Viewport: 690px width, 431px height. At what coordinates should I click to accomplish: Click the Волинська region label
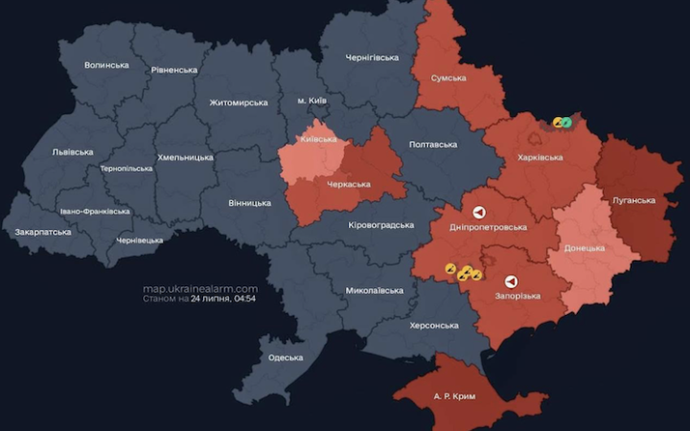point(106,65)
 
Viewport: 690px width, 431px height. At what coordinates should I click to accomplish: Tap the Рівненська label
point(174,70)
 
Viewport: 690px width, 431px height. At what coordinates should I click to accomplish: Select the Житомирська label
point(239,102)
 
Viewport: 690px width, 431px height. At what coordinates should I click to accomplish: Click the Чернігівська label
point(372,57)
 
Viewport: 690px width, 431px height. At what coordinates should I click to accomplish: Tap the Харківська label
point(540,157)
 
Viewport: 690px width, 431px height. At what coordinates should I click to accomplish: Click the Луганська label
point(633,200)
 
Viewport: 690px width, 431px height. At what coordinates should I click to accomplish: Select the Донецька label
point(584,248)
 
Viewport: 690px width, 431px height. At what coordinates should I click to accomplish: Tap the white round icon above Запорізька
point(511,282)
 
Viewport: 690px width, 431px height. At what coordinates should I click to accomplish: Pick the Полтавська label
point(433,144)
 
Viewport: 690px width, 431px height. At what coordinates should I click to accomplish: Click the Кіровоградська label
point(380,225)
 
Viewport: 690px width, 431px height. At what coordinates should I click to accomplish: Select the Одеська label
point(286,357)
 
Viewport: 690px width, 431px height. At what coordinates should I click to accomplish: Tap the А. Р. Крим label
point(453,396)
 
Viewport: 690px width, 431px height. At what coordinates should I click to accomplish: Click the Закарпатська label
point(43,232)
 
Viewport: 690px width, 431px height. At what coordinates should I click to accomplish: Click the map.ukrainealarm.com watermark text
point(200,288)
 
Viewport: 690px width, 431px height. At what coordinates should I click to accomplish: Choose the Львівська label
point(73,151)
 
